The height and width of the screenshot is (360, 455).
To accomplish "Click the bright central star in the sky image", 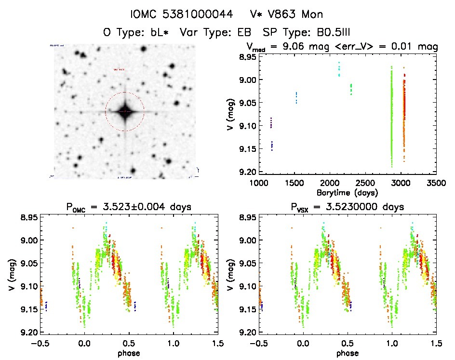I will tap(125, 111).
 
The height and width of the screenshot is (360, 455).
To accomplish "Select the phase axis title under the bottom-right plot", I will tap(347, 352).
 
